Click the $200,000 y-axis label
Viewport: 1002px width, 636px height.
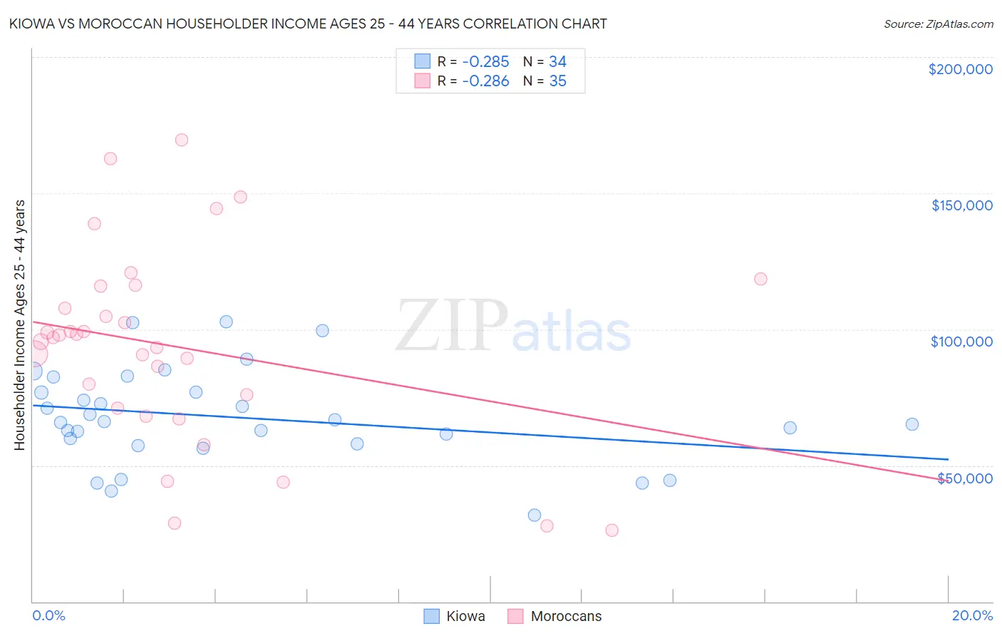(960, 69)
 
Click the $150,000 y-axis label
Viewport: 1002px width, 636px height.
(961, 205)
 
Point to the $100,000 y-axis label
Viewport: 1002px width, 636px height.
(961, 342)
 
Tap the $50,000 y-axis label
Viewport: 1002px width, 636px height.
(964, 478)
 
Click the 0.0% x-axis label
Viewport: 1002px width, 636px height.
(48, 615)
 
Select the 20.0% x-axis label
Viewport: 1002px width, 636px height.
(972, 615)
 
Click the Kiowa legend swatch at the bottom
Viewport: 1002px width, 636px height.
(431, 616)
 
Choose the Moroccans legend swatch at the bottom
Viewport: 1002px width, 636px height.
(515, 616)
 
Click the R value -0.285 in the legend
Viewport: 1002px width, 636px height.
(485, 62)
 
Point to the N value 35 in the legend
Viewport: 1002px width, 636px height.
(557, 81)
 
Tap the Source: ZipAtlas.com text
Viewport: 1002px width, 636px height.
(938, 24)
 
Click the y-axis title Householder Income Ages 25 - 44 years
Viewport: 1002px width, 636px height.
(19, 324)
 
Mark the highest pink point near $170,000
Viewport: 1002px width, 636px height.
(182, 140)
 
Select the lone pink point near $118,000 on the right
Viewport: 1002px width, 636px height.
(760, 279)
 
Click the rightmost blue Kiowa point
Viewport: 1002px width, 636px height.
(912, 424)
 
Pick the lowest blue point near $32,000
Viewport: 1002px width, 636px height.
(534, 515)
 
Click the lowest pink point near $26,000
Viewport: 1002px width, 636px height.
(611, 530)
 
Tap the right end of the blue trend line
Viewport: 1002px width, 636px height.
(948, 459)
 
